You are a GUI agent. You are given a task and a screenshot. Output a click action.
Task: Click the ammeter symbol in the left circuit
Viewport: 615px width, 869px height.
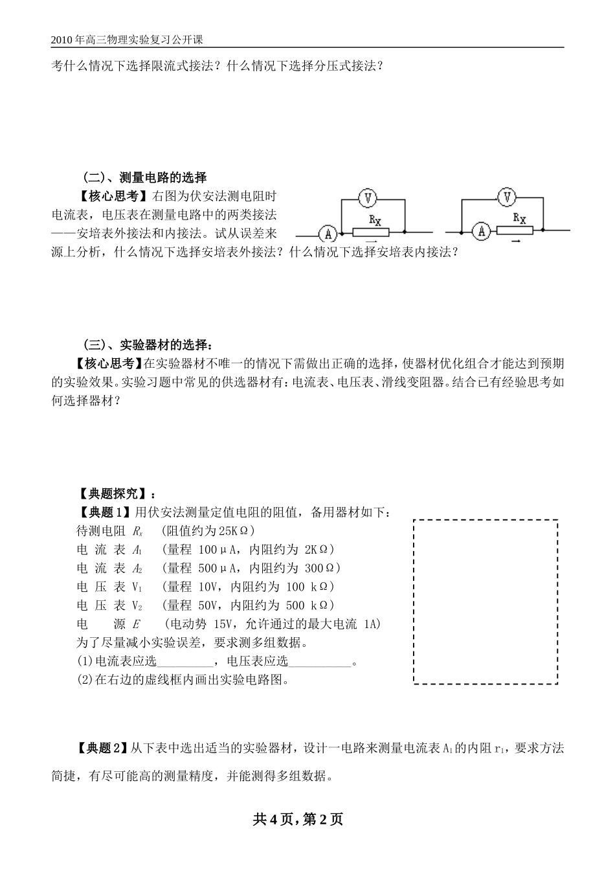tap(329, 232)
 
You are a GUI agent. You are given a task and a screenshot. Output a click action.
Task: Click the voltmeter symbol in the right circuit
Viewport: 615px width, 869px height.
tap(507, 196)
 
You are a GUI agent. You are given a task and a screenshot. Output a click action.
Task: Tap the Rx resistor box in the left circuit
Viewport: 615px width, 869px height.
tap(370, 232)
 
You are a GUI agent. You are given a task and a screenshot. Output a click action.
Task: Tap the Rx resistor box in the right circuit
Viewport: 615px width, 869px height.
tap(515, 230)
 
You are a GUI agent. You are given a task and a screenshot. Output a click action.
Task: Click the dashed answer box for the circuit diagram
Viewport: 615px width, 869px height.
tap(486, 601)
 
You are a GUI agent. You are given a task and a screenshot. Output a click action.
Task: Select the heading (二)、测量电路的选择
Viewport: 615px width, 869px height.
tap(145, 177)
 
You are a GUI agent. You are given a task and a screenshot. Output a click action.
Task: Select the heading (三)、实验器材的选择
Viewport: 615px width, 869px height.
tap(148, 344)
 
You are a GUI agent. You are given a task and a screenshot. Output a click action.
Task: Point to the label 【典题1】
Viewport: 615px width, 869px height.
tap(105, 513)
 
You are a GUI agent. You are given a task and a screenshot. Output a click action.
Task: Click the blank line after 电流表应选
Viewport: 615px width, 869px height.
tap(186, 662)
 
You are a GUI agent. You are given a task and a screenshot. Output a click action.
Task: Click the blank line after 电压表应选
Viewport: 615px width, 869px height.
tap(320, 662)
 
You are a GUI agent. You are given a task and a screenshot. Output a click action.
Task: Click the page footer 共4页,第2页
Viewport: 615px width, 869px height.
tap(298, 820)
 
